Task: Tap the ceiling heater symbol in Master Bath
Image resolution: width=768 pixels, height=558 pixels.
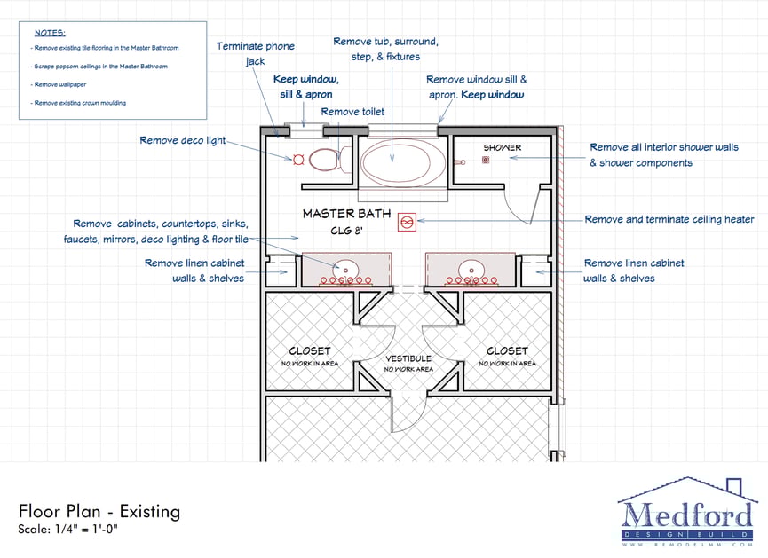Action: coord(408,220)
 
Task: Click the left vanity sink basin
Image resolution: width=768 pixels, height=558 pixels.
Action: coord(346,268)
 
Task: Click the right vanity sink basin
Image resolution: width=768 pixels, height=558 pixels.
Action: coord(470,268)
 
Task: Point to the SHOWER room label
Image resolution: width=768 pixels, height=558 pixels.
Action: coord(502,147)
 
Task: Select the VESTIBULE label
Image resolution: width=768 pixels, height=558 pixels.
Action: coord(408,358)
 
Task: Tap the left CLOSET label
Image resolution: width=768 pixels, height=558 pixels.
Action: coord(309,351)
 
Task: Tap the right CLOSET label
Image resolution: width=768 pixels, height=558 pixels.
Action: coord(507,351)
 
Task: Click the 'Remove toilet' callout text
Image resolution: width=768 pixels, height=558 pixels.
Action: coord(352,112)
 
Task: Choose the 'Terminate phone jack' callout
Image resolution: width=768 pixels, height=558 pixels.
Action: coord(256,54)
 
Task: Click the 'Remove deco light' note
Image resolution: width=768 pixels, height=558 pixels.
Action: coord(182,140)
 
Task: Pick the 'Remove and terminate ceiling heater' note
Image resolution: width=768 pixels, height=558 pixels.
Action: coord(669,219)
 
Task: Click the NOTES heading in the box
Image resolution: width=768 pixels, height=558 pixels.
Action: coord(49,33)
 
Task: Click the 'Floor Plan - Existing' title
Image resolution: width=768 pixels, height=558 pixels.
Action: coord(99,511)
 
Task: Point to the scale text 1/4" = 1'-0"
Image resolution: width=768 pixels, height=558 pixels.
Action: coord(67,530)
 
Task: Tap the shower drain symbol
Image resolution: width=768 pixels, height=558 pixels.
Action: coord(486,160)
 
